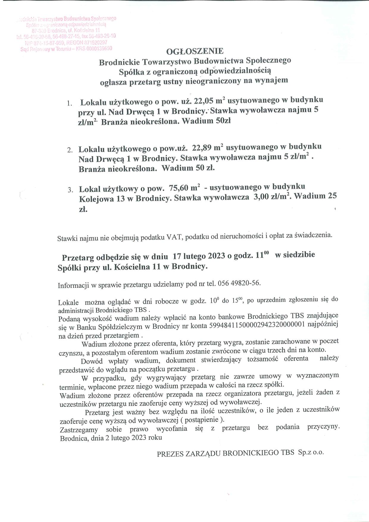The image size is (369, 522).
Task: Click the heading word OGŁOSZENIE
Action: (x=195, y=51)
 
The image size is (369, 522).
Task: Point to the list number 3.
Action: (x=70, y=190)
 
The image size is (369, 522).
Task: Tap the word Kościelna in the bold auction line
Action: (x=132, y=267)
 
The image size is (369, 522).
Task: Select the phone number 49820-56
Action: (x=246, y=283)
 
